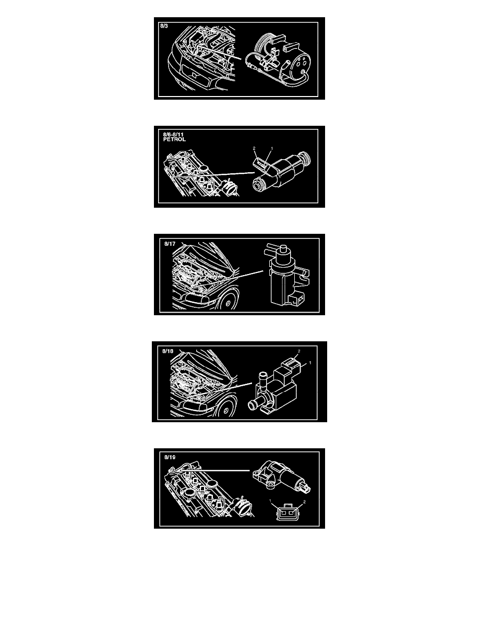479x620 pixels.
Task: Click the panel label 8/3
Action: point(164,26)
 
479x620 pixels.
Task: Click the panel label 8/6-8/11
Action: point(174,135)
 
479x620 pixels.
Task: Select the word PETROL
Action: point(174,139)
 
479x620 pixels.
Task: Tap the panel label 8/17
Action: point(170,244)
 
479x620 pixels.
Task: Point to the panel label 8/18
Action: point(168,351)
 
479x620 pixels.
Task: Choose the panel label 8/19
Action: point(170,457)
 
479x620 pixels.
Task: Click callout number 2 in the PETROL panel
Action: point(254,149)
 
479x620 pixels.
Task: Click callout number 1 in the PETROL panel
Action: point(271,149)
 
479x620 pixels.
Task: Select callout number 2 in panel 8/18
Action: point(299,351)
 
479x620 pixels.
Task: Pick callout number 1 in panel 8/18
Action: point(310,363)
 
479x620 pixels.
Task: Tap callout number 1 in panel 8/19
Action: point(270,502)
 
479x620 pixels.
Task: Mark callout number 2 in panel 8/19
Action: point(304,502)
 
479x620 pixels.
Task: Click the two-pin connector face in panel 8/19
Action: point(285,513)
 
